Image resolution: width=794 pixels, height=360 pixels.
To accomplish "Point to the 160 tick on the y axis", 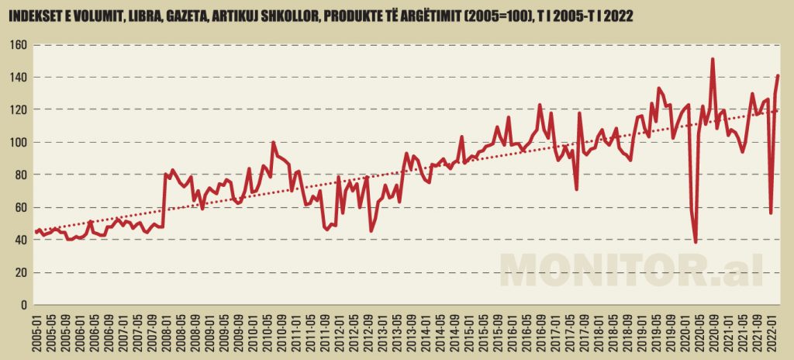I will (x=19, y=45).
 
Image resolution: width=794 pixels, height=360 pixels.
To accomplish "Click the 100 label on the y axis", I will (x=19, y=143).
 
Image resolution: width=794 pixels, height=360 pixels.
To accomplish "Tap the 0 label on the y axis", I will (x=24, y=305).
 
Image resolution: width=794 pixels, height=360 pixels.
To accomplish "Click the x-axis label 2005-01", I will (x=36, y=331).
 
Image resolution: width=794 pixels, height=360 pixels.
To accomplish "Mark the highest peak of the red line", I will (x=713, y=59).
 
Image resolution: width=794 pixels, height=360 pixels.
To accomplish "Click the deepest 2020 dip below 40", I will (x=696, y=242).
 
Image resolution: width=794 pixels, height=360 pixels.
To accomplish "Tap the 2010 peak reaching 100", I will (x=273, y=143).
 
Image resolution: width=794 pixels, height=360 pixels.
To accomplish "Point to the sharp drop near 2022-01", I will (x=771, y=213).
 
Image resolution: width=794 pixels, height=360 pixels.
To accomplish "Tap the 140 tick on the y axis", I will (x=19, y=78).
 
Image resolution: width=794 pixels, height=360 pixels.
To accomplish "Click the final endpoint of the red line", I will (x=778, y=75).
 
